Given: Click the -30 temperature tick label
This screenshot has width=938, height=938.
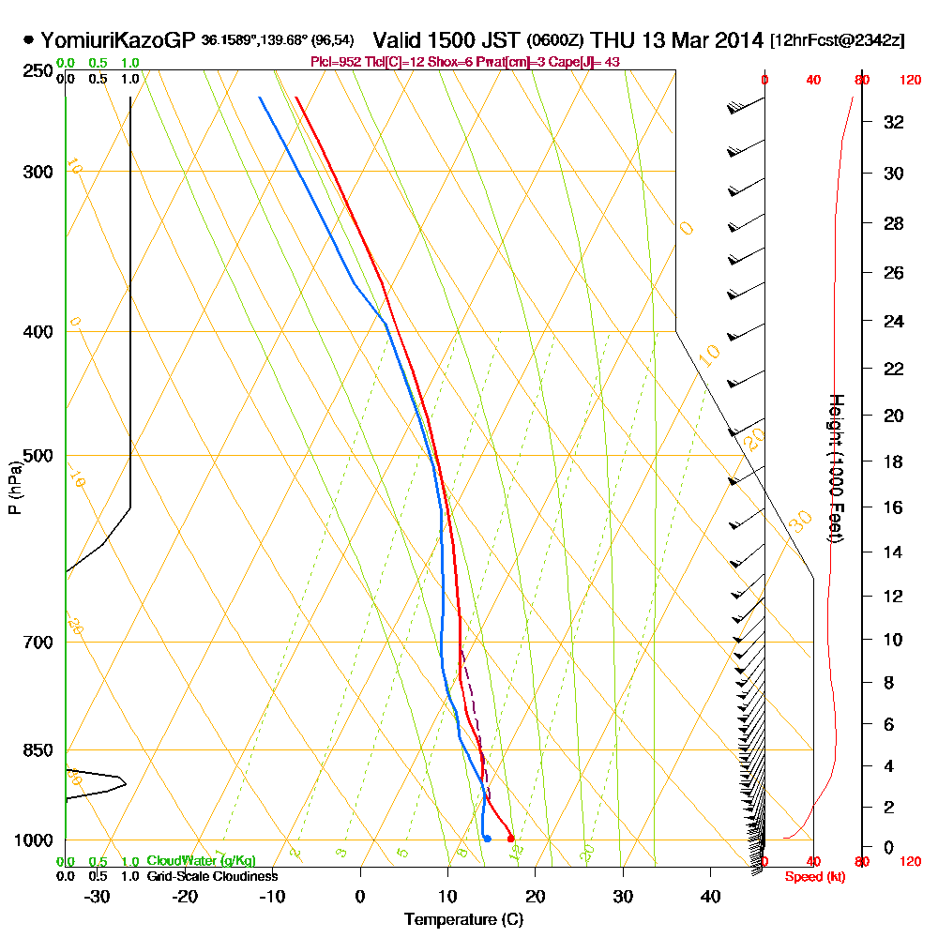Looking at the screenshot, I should (x=98, y=896).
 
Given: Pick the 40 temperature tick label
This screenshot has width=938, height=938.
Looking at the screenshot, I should (x=710, y=896).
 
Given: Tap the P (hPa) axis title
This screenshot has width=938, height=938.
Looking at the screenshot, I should (x=14, y=487).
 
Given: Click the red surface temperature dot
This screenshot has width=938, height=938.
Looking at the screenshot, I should (x=510, y=838).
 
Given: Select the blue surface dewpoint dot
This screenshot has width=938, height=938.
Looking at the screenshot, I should (x=487, y=838).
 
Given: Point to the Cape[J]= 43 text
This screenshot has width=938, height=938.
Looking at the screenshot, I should (x=588, y=62).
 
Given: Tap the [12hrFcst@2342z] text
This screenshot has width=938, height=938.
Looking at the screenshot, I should (x=837, y=41).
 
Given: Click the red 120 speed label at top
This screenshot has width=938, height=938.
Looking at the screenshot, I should (x=909, y=81).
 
